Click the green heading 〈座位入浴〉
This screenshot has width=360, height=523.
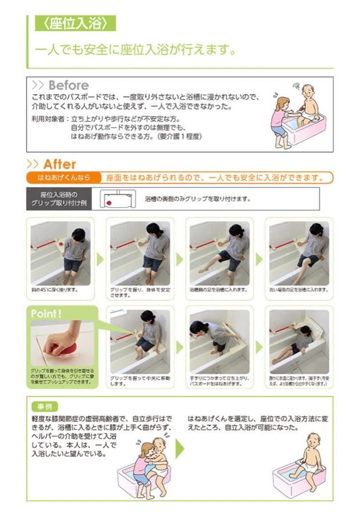click(75, 23)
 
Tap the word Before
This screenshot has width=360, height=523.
click(68, 86)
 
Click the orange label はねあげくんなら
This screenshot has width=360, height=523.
click(64, 178)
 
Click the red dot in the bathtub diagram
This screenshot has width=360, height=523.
click(110, 202)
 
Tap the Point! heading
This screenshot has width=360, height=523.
click(47, 314)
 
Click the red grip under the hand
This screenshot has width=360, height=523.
click(66, 347)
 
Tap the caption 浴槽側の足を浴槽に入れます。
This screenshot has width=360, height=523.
click(219, 290)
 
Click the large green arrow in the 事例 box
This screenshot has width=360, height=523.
click(180, 448)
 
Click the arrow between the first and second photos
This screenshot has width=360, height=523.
click(100, 259)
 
